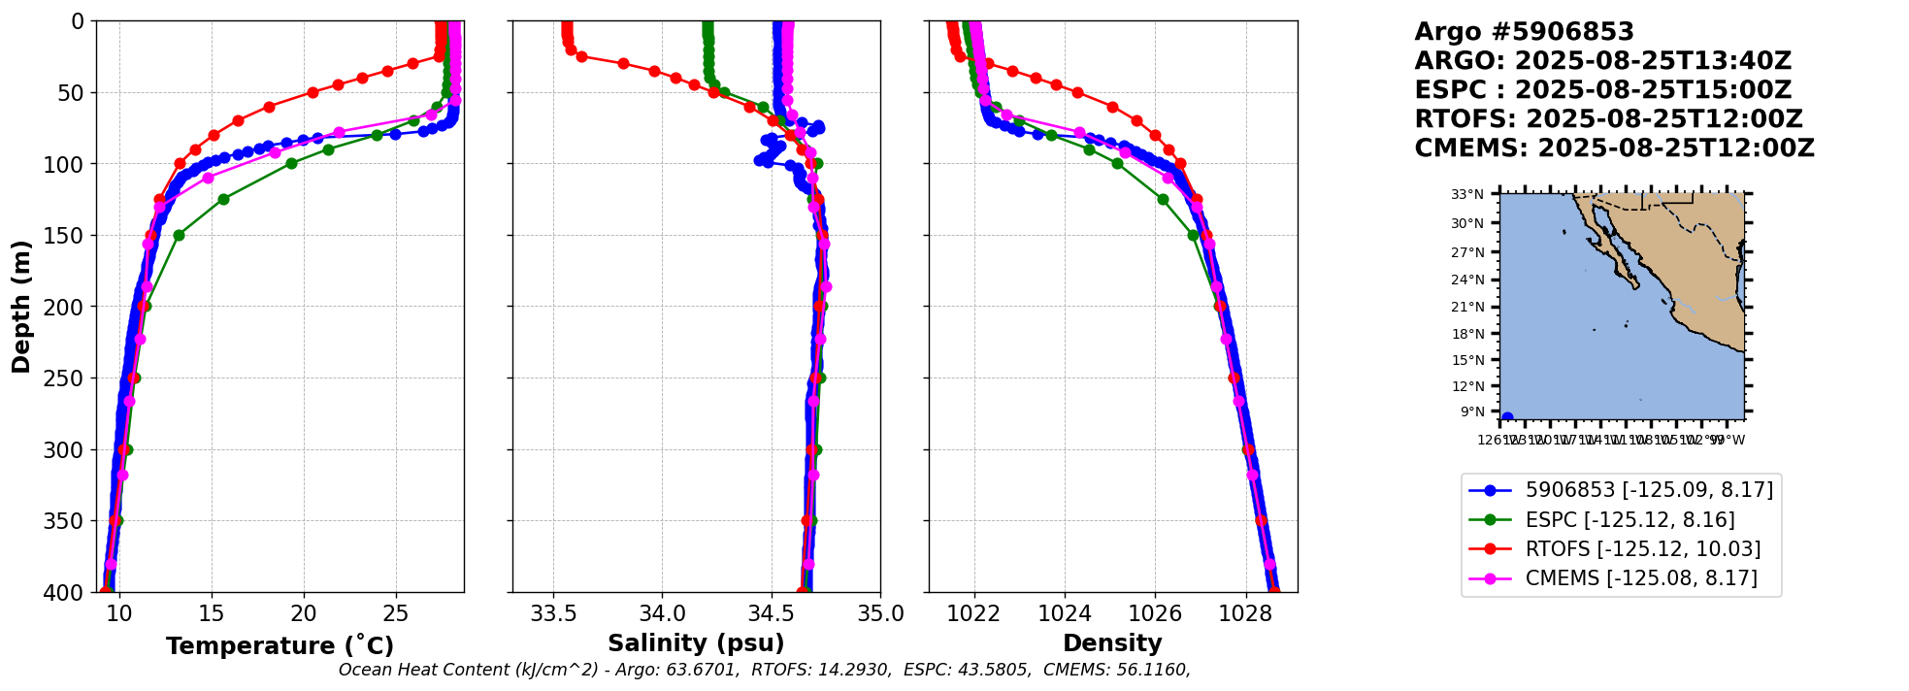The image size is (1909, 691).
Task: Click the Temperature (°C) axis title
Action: pos(280,646)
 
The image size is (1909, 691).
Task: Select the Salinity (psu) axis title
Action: pos(696,643)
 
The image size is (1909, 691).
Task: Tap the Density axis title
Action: pos(1112,643)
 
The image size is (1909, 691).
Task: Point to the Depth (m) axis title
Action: pos(21,307)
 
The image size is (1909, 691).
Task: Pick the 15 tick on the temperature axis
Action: pos(212,614)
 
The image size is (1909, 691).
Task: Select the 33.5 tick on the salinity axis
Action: pos(553,614)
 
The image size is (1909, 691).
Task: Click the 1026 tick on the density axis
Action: pos(1155,614)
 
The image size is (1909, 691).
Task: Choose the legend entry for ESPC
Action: pos(1629,520)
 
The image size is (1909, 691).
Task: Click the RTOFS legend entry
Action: pos(1642,549)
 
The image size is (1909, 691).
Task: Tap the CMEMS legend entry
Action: pos(1640,578)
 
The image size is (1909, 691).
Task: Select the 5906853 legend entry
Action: pos(1648,490)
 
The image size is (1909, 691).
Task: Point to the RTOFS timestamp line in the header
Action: pos(1608,119)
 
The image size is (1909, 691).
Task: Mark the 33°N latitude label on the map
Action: pos(1467,195)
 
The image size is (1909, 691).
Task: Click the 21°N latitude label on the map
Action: pos(1467,307)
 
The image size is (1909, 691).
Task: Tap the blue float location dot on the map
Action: pos(1507,418)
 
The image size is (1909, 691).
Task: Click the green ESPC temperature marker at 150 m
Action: pos(179,235)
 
